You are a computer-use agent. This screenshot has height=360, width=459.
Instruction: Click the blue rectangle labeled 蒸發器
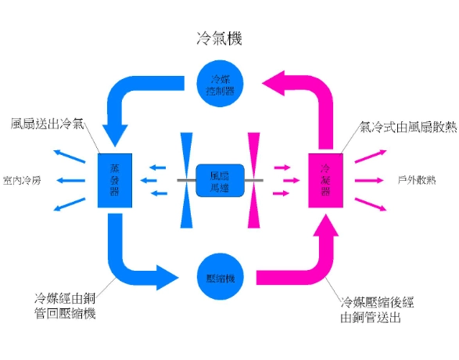point(114,181)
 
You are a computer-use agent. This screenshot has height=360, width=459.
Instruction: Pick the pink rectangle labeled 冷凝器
point(325,181)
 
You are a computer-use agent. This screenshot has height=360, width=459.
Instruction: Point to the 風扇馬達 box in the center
point(220,181)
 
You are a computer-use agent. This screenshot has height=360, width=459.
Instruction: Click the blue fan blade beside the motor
point(186,180)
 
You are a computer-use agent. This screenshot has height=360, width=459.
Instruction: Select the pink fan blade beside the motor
point(253,180)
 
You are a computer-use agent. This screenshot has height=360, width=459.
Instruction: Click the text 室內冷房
point(23,180)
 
